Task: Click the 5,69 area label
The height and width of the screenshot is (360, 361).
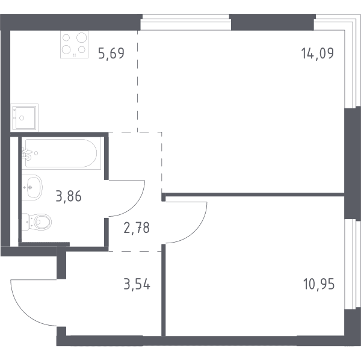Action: [x=111, y=53]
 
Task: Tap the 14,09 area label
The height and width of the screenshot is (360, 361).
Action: [x=318, y=53]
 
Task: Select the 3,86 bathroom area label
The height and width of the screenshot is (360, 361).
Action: [x=69, y=196]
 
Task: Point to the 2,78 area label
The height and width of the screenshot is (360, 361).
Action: [x=137, y=228]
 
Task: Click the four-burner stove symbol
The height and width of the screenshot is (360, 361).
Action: [x=74, y=44]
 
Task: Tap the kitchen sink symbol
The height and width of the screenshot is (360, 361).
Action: [x=24, y=117]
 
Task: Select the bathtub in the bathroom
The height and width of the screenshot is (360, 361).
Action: [x=61, y=153]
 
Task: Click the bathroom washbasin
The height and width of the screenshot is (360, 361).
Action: [x=32, y=187]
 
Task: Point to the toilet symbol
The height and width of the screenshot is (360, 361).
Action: [x=37, y=222]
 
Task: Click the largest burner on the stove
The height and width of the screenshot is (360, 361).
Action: [x=81, y=37]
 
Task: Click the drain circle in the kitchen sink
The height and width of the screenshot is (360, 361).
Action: [x=22, y=118]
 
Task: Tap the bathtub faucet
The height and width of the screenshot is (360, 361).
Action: [x=26, y=154]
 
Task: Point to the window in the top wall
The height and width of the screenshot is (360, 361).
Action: [x=185, y=22]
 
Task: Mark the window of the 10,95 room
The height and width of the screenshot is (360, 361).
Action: [x=352, y=264]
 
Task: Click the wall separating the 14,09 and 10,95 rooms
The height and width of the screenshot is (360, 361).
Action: [x=255, y=194]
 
